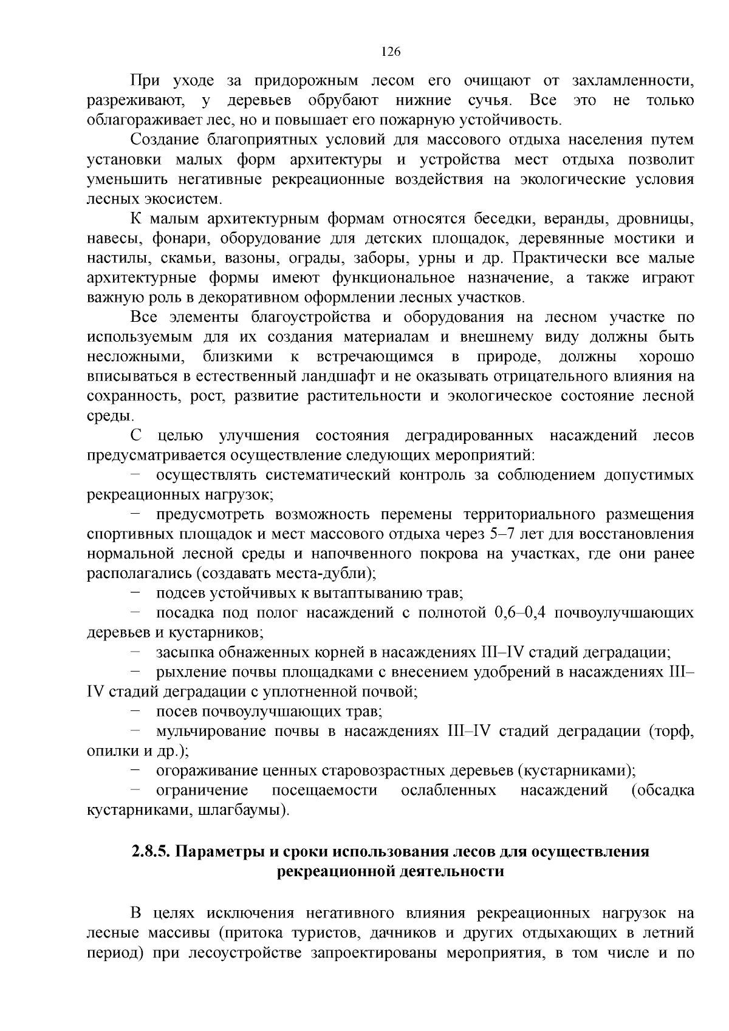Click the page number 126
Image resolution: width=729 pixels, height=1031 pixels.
point(391,52)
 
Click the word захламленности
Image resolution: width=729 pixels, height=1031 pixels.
point(632,81)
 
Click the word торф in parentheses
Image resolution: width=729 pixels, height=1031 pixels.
point(671,731)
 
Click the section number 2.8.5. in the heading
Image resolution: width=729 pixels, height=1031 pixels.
point(151,851)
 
